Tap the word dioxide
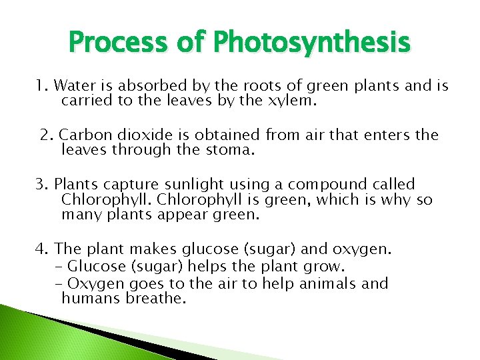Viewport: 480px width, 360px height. coord(139,135)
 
